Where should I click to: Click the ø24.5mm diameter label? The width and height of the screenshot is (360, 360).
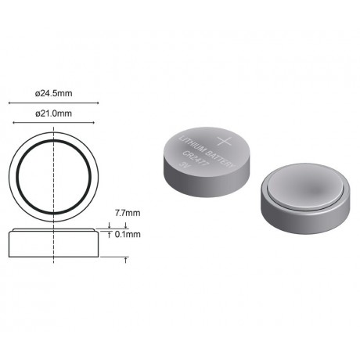(53, 93)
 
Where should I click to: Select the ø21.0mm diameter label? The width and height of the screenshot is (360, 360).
(53, 113)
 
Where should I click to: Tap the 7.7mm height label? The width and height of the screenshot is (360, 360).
(128, 213)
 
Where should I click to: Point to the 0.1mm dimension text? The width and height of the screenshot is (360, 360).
(128, 234)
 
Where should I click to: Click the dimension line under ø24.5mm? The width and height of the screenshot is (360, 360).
(53, 103)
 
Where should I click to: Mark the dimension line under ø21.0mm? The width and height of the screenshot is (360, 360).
(53, 123)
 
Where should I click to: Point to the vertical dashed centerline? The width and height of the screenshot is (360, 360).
(53, 195)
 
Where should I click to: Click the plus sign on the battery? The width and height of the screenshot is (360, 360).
(225, 141)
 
